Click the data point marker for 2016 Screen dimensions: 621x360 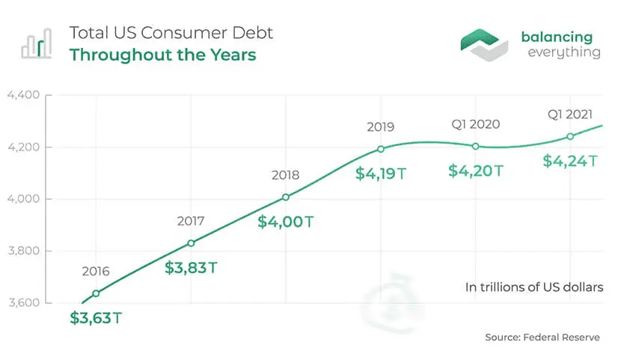(96, 293)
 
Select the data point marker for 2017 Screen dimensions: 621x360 (191, 243)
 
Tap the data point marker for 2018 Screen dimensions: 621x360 (286, 198)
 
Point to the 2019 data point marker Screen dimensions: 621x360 (381, 149)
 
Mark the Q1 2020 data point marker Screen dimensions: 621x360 (476, 147)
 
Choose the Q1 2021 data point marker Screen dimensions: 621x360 (570, 137)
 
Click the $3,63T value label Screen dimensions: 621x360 (96, 318)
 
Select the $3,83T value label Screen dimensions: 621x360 (191, 268)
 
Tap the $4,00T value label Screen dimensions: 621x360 (286, 222)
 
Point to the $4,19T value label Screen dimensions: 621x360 (381, 174)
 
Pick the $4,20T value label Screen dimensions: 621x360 (476, 171)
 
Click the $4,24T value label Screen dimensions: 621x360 (570, 161)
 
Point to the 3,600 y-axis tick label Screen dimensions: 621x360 (24, 302)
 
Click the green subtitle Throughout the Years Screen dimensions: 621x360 (163, 55)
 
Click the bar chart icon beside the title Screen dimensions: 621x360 (37, 43)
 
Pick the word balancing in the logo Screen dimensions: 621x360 (557, 37)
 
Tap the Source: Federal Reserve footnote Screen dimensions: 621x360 (542, 338)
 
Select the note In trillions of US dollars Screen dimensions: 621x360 (534, 287)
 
